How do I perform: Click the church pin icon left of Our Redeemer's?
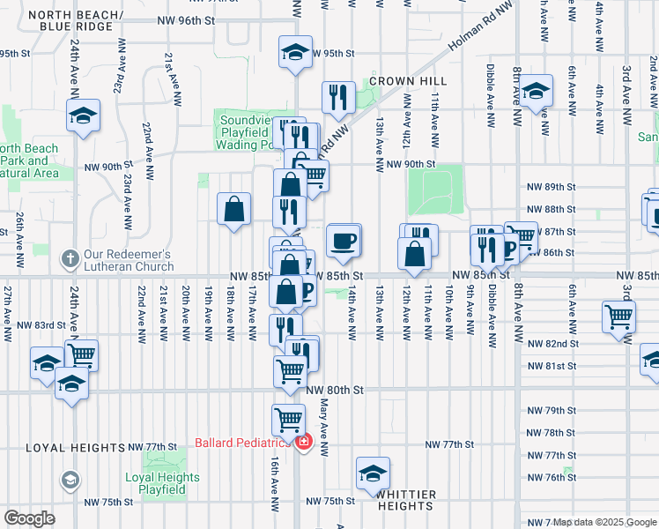pos(70,259)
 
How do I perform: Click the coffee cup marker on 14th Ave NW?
pos(343,240)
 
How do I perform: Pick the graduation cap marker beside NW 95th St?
pos(296,51)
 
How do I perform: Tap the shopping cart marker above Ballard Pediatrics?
pos(288,419)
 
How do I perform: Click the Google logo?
pos(29,518)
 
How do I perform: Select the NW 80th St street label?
pos(333,389)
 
